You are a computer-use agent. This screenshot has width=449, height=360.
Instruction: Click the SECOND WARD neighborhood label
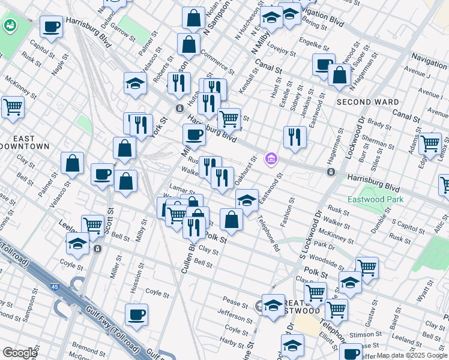click(359, 102)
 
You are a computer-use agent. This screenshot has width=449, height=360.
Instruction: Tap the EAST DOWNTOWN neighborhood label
click(24, 142)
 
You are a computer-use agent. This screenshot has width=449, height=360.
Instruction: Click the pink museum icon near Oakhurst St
click(271, 159)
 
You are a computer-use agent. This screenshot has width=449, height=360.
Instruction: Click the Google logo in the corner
click(20, 353)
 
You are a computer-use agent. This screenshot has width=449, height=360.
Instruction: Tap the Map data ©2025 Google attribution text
click(412, 356)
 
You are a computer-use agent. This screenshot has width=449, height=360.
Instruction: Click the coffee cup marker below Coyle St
click(136, 315)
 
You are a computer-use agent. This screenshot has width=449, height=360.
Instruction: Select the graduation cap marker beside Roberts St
click(136, 84)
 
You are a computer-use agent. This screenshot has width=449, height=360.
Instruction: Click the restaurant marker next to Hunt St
click(295, 137)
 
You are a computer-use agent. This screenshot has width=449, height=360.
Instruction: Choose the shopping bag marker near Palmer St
click(72, 163)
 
